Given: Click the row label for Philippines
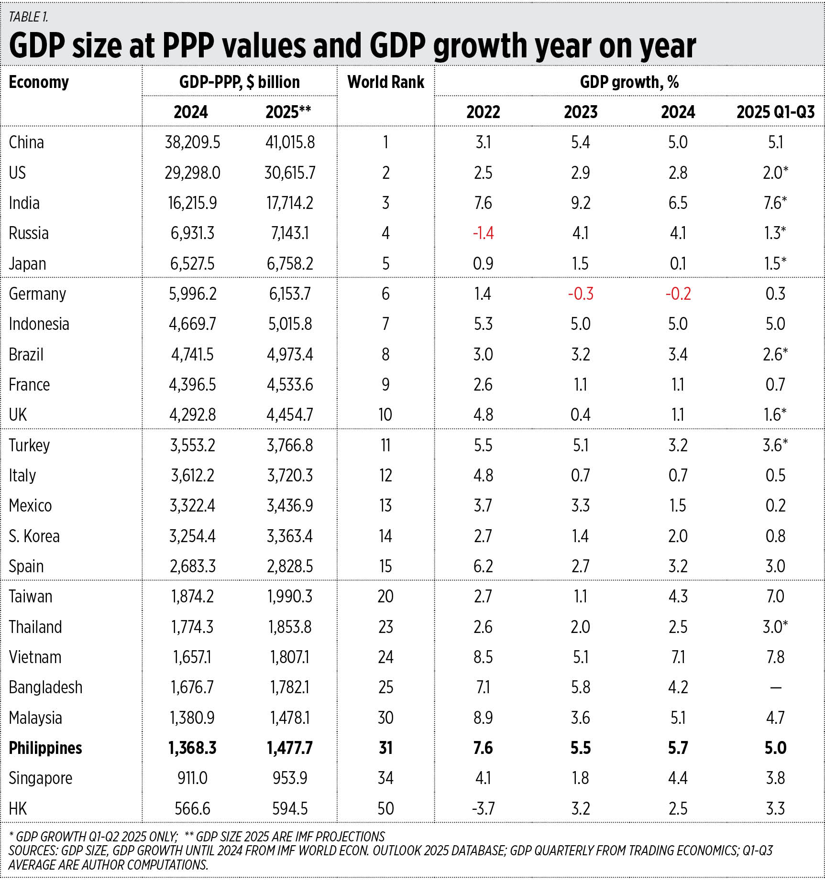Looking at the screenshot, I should point(45,748).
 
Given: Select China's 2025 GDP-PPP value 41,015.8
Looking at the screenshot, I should point(290,142).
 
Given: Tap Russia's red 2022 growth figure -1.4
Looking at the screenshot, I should point(483,233).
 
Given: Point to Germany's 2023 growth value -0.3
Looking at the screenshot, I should point(580,294).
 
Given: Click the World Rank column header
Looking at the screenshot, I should point(385,82).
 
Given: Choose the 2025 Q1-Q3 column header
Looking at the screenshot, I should point(775,112).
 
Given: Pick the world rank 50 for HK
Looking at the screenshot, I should point(385,808).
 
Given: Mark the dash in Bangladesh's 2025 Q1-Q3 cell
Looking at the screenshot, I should point(775,688).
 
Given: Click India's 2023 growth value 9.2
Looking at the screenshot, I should point(580,203).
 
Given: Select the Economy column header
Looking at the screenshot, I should point(39,82).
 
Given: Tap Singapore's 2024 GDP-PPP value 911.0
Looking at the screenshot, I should point(192,778).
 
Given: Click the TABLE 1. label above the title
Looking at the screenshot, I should point(29,17).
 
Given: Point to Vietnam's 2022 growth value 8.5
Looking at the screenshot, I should point(483,657).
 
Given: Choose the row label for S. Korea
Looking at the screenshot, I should point(34,536).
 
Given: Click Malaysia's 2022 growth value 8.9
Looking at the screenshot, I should point(483,718).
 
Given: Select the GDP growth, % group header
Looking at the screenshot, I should point(629,82).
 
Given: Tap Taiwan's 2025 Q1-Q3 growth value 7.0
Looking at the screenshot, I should point(775,597).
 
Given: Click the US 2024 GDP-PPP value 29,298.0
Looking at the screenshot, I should point(192,173).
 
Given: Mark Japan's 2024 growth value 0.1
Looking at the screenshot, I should point(678,263).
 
